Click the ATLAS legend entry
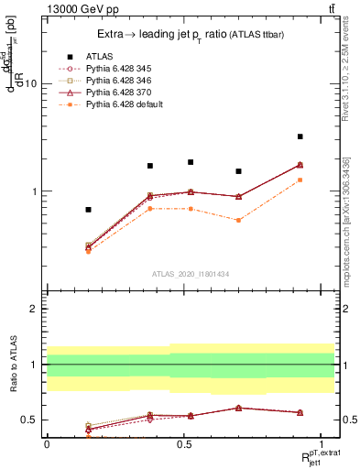click(x=99, y=56)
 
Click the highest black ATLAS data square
click(x=300, y=136)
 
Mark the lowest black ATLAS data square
click(x=88, y=210)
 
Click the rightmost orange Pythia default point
click(x=300, y=180)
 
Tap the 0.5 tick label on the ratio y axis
click(x=28, y=420)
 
